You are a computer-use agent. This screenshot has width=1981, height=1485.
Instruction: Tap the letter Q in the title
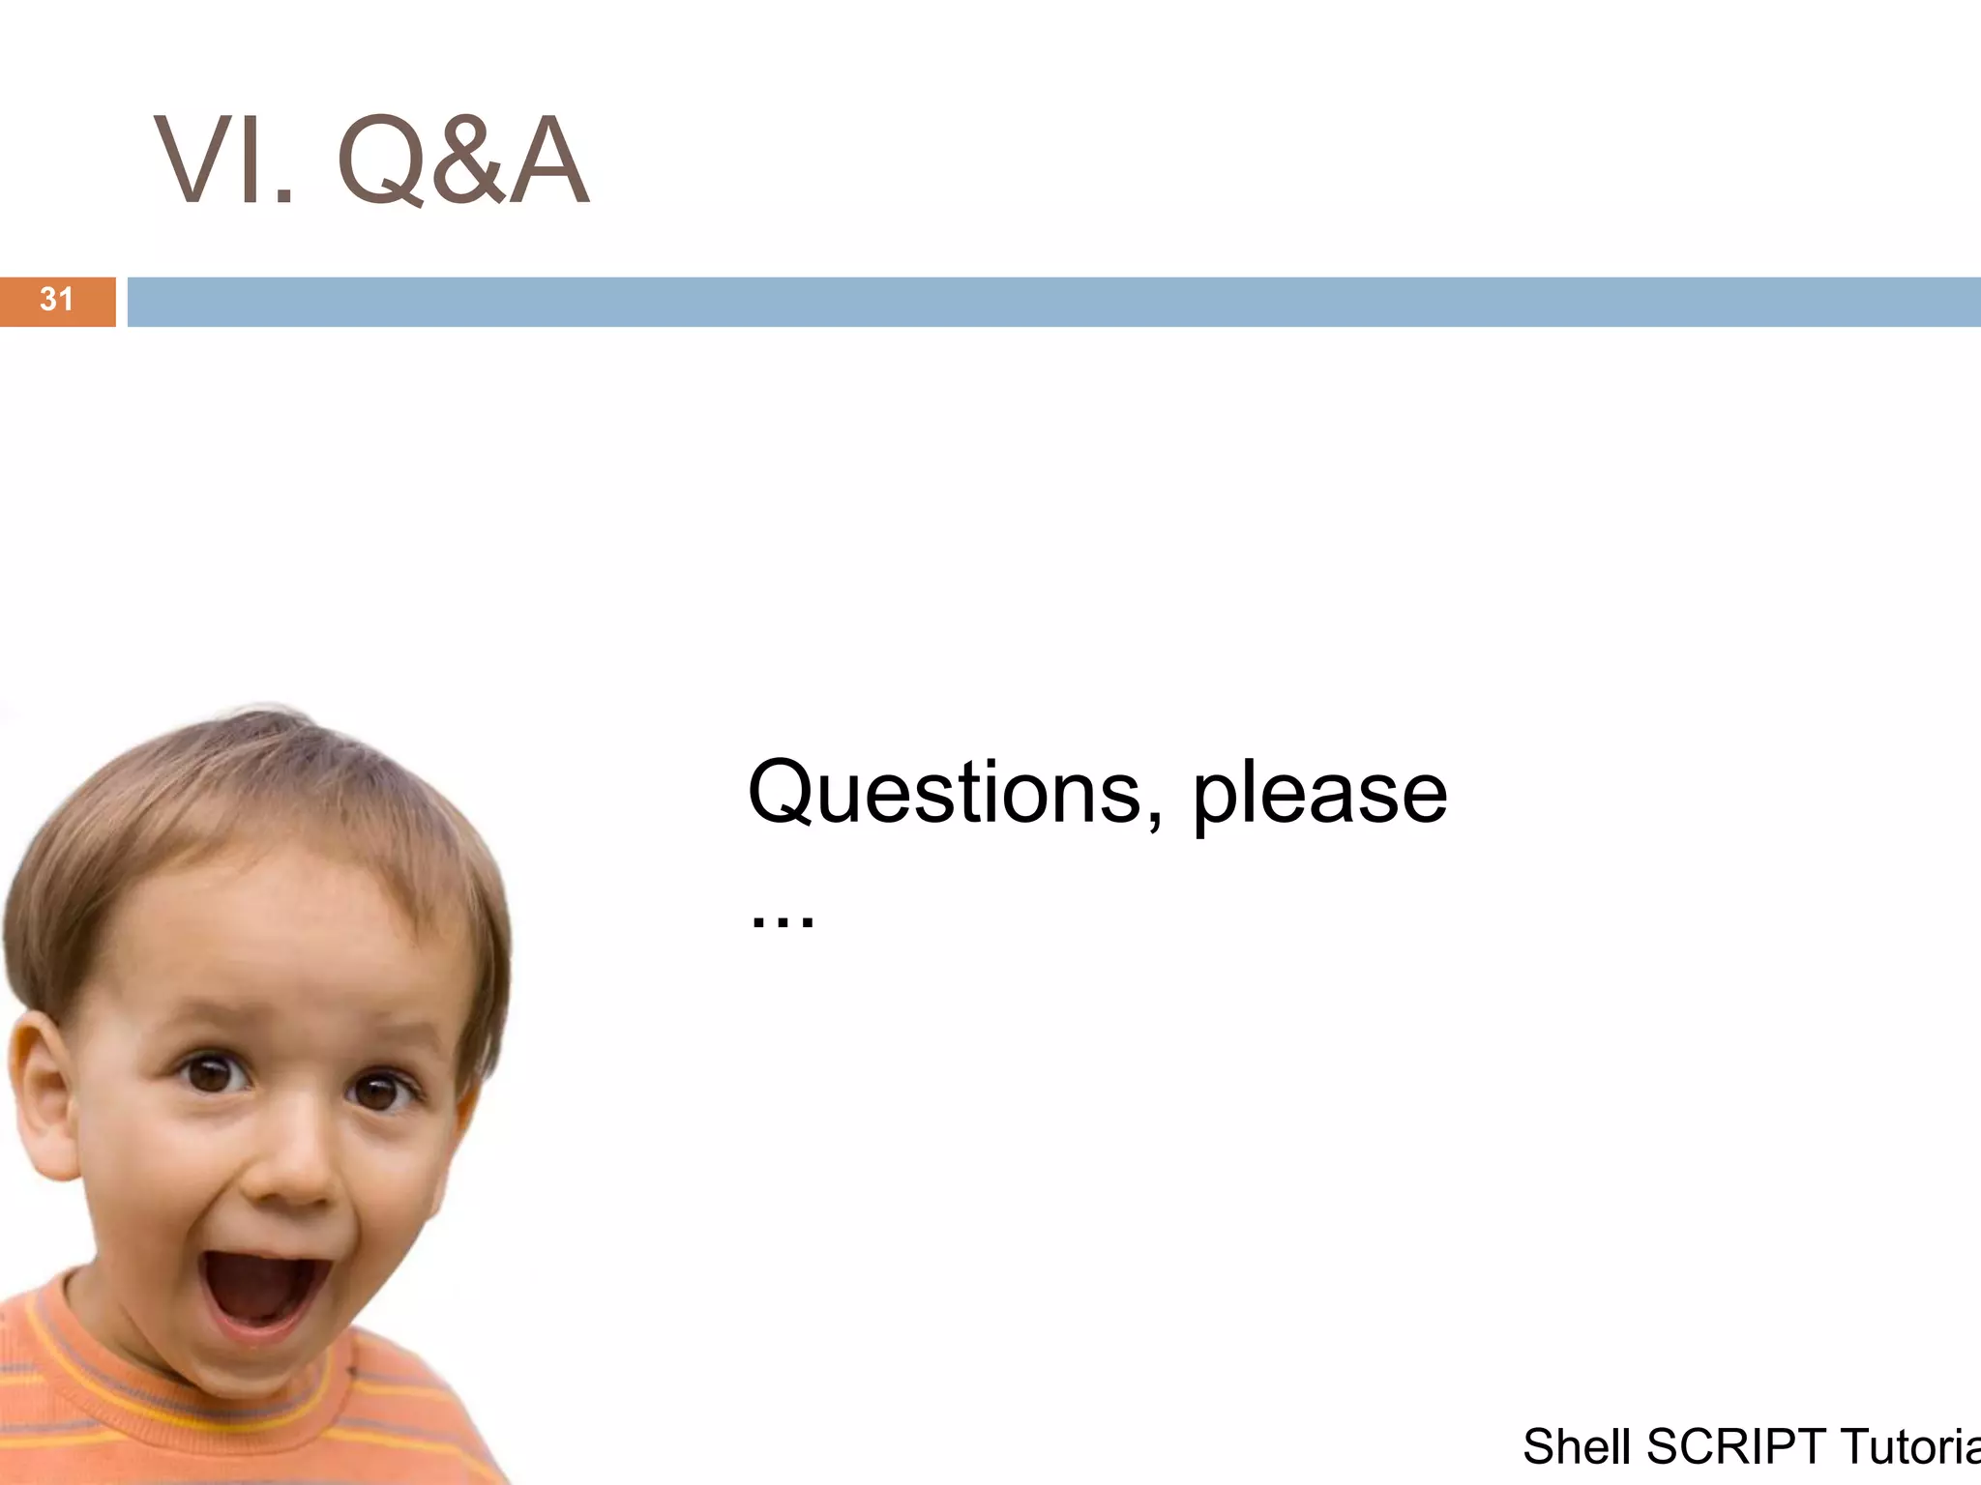coord(379,161)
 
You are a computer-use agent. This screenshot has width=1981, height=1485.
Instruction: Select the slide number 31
coord(56,300)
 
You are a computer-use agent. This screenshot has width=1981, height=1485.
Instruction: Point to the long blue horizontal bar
coord(1054,302)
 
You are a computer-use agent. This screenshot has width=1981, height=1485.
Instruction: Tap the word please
coord(1319,795)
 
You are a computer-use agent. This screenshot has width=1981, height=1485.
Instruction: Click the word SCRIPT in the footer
coord(1735,1447)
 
